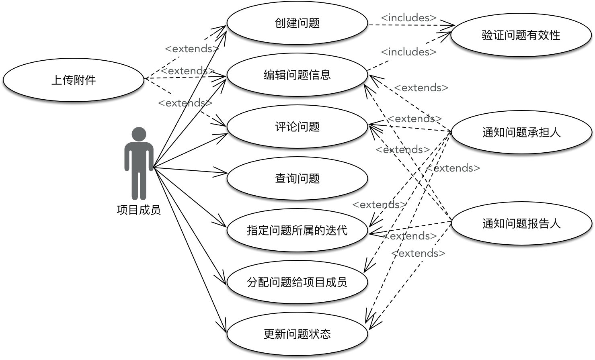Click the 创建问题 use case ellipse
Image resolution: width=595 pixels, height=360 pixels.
pyautogui.click(x=297, y=23)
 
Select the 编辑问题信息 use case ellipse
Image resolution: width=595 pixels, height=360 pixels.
pyautogui.click(x=297, y=75)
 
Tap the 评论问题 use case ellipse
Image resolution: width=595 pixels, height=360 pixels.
pyautogui.click(x=297, y=127)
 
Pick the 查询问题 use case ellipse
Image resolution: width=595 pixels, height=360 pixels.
pyautogui.click(x=297, y=178)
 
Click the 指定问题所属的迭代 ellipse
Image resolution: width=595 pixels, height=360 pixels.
pyautogui.click(x=297, y=230)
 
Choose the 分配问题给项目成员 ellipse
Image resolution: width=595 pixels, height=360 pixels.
pyautogui.click(x=297, y=282)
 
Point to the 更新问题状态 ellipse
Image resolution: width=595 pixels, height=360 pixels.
pyautogui.click(x=297, y=334)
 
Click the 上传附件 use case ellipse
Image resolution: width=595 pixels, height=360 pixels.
pyautogui.click(x=74, y=80)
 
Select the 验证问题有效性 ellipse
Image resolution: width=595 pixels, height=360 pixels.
pyautogui.click(x=521, y=35)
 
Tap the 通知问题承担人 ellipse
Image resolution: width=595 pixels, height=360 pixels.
pyautogui.click(x=521, y=132)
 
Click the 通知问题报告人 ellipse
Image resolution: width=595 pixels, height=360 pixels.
pyautogui.click(x=521, y=223)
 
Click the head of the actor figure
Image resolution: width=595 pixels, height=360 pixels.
pyautogui.click(x=139, y=134)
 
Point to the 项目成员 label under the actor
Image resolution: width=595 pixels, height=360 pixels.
pyautogui.click(x=139, y=210)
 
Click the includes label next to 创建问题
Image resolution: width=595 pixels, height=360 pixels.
pyautogui.click(x=408, y=18)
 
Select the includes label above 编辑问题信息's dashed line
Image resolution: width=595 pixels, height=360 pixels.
pyautogui.click(x=408, y=52)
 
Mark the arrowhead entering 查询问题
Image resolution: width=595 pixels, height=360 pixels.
pyautogui.click(x=224, y=173)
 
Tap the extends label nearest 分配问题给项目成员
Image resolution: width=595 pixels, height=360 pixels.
pyautogui.click(x=418, y=254)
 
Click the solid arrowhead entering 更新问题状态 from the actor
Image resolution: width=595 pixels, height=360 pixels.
pyautogui.click(x=224, y=327)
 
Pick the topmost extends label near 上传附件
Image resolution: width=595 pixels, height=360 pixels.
pyautogui.click(x=192, y=49)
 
